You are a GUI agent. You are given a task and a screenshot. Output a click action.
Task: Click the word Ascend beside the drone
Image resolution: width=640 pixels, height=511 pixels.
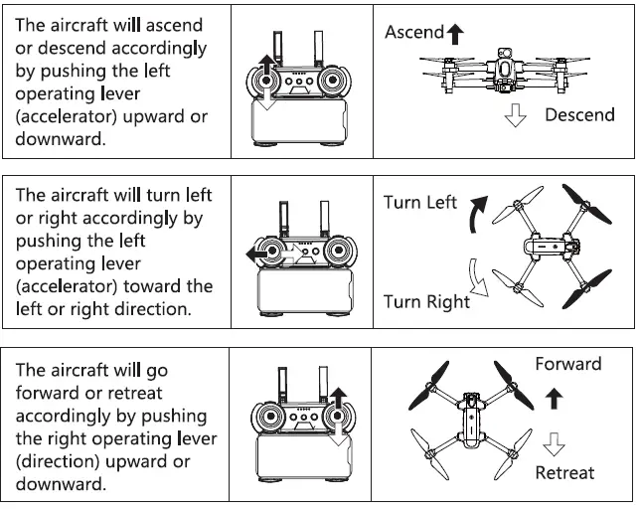tap(413, 32)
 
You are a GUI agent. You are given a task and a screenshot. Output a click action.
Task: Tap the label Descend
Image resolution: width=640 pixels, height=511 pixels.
tap(579, 115)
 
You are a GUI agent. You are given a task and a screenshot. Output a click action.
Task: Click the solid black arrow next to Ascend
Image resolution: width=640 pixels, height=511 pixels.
tap(455, 35)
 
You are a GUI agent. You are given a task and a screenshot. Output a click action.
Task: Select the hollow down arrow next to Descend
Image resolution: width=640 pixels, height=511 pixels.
tap(515, 115)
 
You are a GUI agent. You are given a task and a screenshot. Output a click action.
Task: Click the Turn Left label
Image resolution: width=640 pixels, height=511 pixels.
tap(419, 203)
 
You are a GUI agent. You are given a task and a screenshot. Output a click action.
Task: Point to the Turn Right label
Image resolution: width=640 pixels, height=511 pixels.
tap(426, 302)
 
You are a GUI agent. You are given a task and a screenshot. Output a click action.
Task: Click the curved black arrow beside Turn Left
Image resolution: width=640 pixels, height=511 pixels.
tap(479, 213)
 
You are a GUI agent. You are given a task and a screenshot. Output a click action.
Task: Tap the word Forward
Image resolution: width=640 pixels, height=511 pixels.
tap(567, 364)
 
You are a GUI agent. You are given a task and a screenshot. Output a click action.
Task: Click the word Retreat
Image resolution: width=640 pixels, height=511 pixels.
tap(564, 472)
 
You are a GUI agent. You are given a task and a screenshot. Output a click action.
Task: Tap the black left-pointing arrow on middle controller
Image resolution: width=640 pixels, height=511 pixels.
tap(260, 254)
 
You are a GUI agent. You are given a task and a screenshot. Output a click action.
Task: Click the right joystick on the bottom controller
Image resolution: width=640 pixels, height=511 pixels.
tap(336, 416)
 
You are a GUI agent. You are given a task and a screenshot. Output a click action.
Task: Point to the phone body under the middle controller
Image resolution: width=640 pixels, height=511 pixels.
tap(301, 295)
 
